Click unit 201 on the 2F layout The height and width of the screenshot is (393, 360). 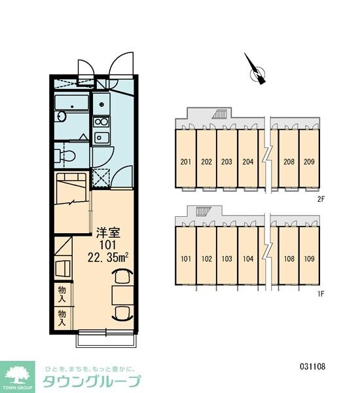(x=185, y=162)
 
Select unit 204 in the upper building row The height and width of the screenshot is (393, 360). (x=247, y=162)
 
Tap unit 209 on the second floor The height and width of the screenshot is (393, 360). (x=309, y=162)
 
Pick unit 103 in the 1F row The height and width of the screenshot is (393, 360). (x=226, y=259)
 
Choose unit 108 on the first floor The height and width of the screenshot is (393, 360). (x=289, y=259)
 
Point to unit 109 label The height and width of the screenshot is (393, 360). (x=309, y=259)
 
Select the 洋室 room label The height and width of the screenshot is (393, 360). (x=108, y=231)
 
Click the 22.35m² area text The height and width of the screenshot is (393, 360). (x=107, y=256)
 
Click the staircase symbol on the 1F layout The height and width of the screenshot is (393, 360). (x=201, y=211)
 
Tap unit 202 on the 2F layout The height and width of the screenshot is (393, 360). (x=206, y=162)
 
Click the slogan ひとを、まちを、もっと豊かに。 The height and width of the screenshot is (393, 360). (x=88, y=368)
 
